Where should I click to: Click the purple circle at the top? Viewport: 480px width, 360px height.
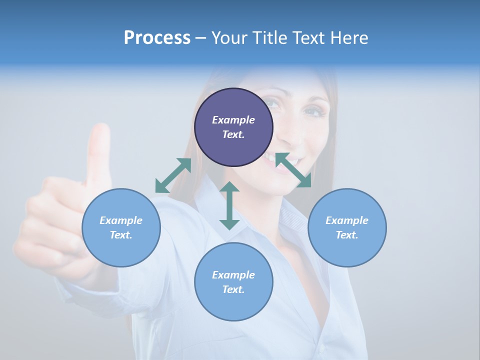pos(233,127)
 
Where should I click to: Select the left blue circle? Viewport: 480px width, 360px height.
pos(121,227)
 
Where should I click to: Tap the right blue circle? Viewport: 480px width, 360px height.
pos(347,227)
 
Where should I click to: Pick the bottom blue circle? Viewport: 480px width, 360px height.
pos(233,281)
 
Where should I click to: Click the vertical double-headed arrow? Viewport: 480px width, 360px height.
pos(229,205)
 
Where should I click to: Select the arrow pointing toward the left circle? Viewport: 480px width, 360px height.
pos(173,175)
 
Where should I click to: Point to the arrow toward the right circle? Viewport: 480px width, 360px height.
pos(293,170)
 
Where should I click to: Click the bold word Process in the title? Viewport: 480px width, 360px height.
pos(157,37)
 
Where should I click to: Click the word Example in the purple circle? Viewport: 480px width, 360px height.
pos(233,120)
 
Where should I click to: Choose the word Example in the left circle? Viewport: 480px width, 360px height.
pos(121,220)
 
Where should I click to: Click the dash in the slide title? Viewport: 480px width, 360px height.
pos(201,38)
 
